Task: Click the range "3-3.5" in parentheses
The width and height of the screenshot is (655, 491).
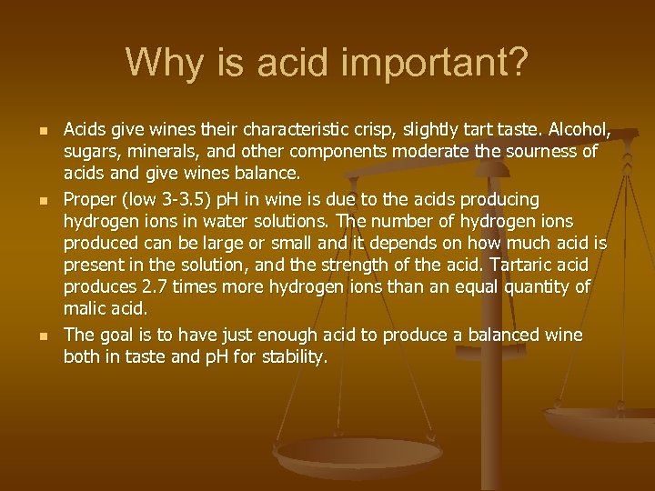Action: tap(186, 199)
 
